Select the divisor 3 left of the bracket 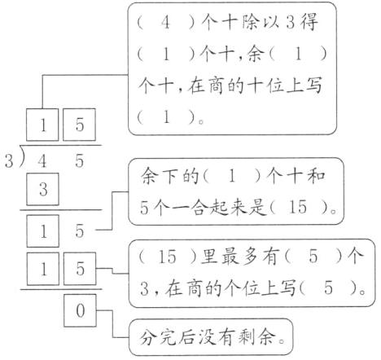8,161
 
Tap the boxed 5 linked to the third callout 80,268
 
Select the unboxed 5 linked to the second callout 80,231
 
